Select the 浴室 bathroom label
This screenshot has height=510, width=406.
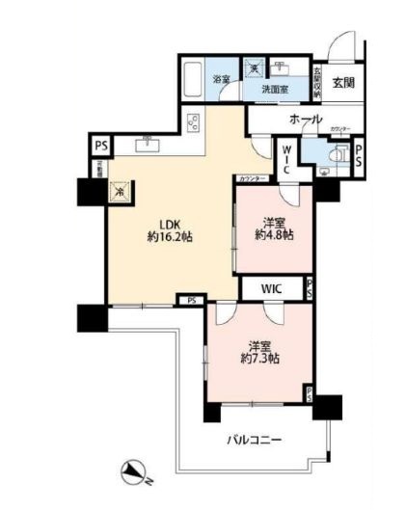click(x=221, y=80)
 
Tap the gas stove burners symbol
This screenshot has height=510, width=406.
click(x=194, y=124)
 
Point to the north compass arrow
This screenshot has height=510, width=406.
click(x=132, y=472)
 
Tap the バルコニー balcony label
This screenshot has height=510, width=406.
click(x=254, y=440)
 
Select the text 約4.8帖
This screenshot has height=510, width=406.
click(x=275, y=234)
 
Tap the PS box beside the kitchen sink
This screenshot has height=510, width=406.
click(x=100, y=147)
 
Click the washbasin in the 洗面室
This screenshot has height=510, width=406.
click(x=282, y=70)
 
